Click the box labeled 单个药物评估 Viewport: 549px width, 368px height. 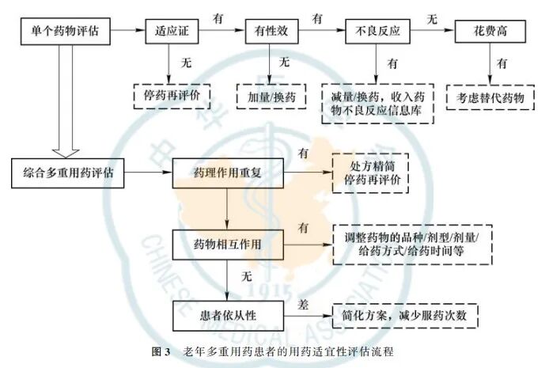(66, 34)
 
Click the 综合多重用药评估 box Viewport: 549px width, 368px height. (70, 171)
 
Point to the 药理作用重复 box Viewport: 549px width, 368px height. (227, 171)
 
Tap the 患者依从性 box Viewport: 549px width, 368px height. (227, 314)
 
